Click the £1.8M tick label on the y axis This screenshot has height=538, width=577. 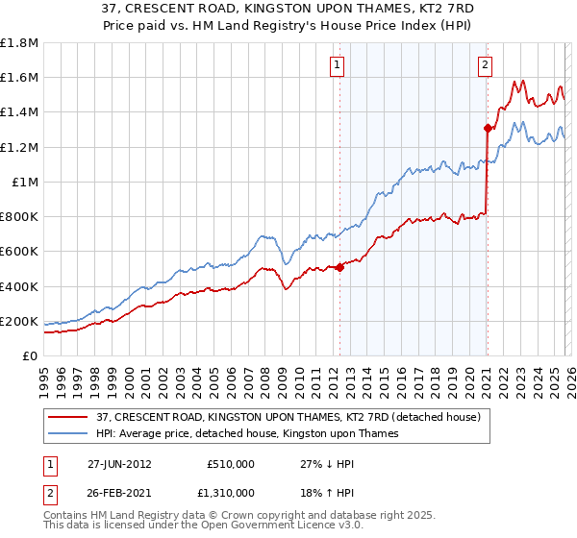[19, 42]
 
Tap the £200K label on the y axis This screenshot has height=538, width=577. [19, 321]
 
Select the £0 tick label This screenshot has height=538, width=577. [31, 356]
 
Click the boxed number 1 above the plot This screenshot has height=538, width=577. [339, 65]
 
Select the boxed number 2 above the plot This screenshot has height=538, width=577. [485, 65]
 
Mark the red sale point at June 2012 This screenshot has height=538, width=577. [339, 267]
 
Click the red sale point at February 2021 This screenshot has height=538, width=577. [488, 128]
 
